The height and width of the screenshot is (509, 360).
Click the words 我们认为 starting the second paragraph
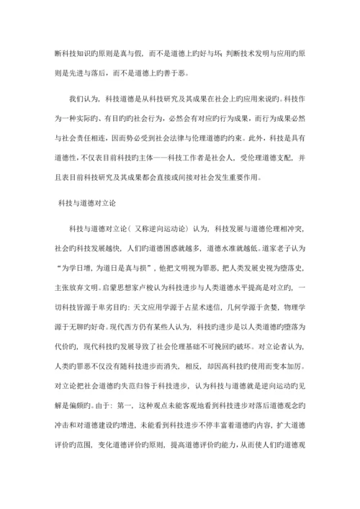coord(82,97)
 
